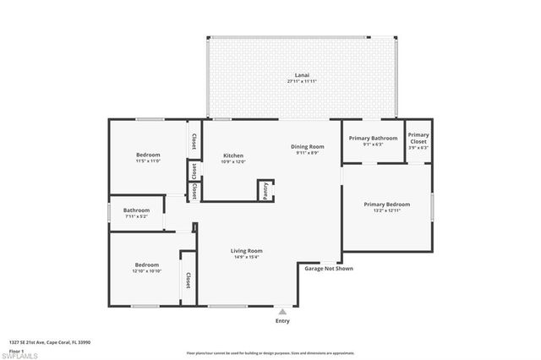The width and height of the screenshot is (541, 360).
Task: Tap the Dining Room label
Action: tap(309, 146)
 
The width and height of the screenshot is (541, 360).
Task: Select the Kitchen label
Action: tap(233, 155)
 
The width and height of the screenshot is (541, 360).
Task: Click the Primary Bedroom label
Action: tap(387, 204)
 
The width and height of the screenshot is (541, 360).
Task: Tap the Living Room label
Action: tap(248, 250)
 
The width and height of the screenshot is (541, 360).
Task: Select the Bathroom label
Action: tap(136, 210)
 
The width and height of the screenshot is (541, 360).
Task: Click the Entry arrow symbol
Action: tap(282, 311)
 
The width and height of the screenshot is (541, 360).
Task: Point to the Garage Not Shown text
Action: tap(329, 269)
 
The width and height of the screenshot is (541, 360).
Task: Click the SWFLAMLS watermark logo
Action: tap(21, 351)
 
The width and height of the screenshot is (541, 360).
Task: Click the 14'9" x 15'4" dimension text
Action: tap(248, 257)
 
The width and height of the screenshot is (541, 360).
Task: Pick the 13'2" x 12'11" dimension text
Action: tap(387, 210)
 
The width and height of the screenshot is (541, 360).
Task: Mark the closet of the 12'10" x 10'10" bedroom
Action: tap(188, 280)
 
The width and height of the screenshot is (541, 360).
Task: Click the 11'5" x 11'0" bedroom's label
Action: tap(148, 155)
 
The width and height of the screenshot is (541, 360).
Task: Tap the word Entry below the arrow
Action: tap(282, 321)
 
